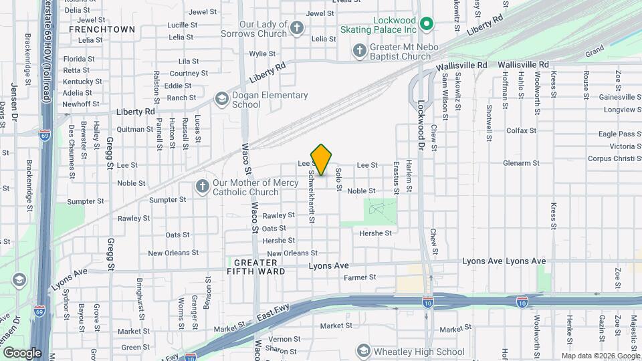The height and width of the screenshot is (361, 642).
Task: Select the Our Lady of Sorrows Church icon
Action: [x=297, y=28]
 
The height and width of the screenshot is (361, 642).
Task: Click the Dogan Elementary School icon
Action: [x=221, y=100]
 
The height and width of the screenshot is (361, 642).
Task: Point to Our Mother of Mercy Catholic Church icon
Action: [x=202, y=187]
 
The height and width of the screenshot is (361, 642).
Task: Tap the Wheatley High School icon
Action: [x=363, y=351]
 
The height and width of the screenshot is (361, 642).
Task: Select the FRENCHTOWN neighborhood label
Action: [x=102, y=29]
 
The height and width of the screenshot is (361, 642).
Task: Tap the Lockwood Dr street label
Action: [x=421, y=124]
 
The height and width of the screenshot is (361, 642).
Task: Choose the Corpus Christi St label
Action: [x=614, y=159]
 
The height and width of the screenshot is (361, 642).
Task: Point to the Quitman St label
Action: [x=135, y=129]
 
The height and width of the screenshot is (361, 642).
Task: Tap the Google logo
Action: [x=22, y=352]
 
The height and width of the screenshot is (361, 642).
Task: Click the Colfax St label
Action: [x=522, y=130]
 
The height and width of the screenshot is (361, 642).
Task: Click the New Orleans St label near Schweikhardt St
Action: [x=292, y=253]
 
